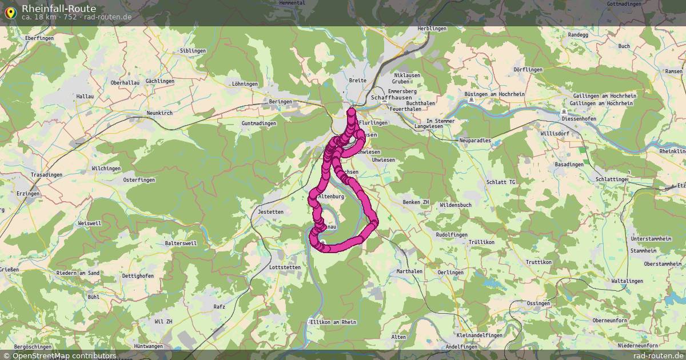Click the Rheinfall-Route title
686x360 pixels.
(x=59, y=8)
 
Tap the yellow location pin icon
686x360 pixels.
(x=10, y=12)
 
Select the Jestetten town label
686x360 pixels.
(x=271, y=212)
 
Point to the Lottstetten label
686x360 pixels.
(x=285, y=267)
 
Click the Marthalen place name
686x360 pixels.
(x=409, y=271)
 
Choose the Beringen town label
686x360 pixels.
(x=281, y=102)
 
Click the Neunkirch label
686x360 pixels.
(x=159, y=113)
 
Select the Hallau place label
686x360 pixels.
(x=85, y=97)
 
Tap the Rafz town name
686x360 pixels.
(x=219, y=306)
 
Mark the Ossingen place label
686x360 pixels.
(x=539, y=303)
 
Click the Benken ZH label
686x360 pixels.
(x=416, y=202)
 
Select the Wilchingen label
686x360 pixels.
(x=106, y=169)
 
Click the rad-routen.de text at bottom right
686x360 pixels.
(x=658, y=355)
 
